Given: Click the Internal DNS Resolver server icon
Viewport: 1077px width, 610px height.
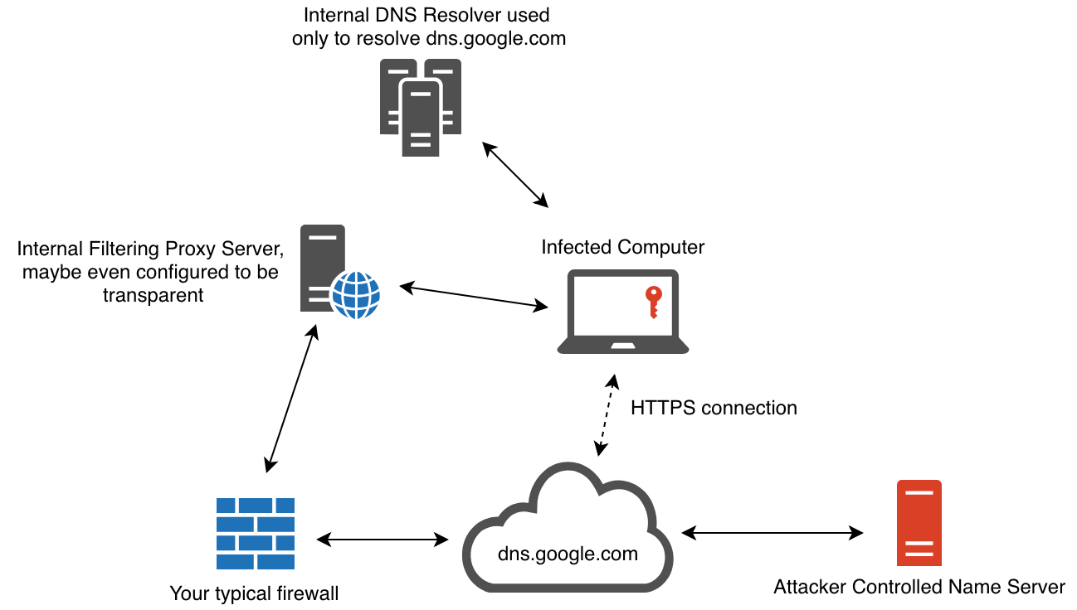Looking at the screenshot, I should click(420, 107).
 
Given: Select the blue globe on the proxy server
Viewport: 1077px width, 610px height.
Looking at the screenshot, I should click(355, 293).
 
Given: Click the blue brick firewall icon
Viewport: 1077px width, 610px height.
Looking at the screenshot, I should click(256, 534).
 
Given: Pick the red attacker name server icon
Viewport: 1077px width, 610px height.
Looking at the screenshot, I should click(919, 523).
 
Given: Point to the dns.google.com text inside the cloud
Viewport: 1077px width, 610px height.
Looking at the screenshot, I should click(568, 553).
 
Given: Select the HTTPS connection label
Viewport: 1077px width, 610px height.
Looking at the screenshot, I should click(714, 408).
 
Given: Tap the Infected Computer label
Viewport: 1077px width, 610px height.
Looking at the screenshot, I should click(622, 247).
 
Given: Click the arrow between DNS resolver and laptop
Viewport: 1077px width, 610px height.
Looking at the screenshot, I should click(515, 175).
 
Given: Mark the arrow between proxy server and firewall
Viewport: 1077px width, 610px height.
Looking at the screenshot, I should click(290, 399).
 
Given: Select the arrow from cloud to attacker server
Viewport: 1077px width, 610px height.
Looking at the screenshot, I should click(771, 530).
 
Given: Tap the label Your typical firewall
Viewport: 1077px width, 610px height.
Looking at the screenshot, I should click(254, 593).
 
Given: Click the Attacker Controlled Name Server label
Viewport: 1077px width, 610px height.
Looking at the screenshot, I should click(919, 588).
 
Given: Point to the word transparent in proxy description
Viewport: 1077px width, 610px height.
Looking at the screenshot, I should click(154, 295).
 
